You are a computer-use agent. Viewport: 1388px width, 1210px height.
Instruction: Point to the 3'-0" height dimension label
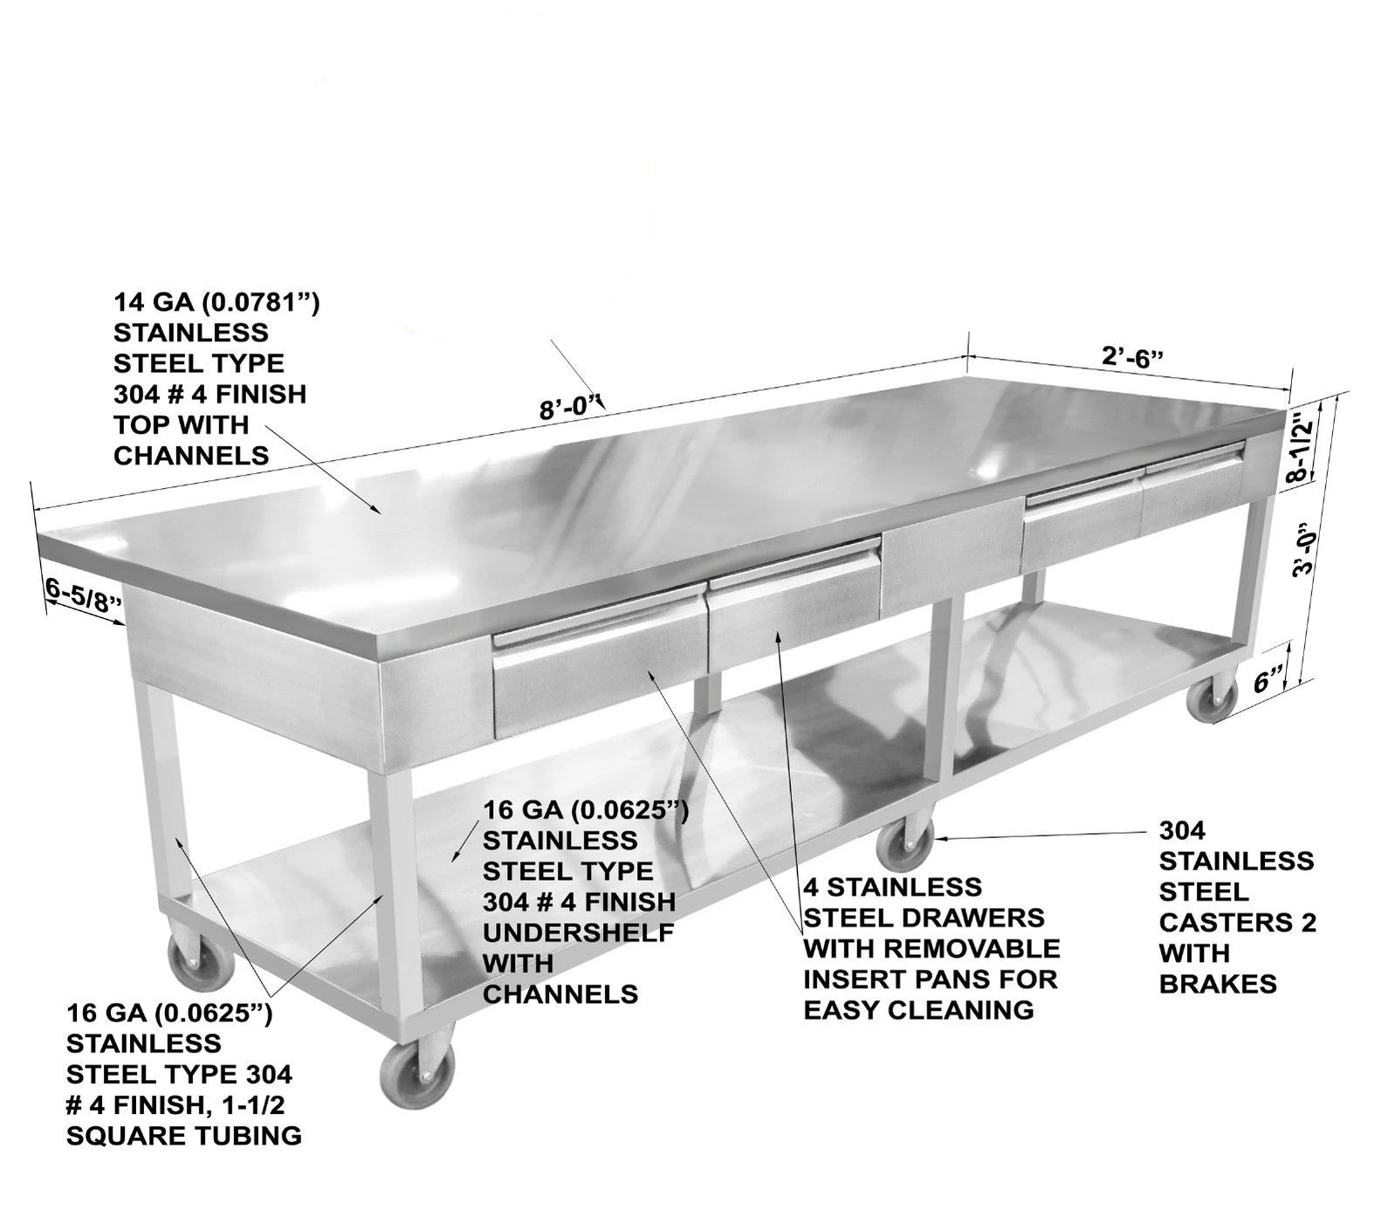(1303, 550)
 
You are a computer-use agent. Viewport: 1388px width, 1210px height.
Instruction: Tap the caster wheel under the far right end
(1213, 698)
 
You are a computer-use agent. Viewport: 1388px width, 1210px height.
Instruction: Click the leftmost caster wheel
(201, 960)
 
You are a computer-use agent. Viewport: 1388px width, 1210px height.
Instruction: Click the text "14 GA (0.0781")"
(216, 303)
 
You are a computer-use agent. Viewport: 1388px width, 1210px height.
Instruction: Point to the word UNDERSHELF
(578, 932)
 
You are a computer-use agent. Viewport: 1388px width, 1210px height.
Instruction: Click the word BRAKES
(1217, 984)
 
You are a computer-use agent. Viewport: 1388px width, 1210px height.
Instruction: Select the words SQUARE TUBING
(184, 1136)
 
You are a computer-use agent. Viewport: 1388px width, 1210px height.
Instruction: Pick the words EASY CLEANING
(917, 1010)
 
